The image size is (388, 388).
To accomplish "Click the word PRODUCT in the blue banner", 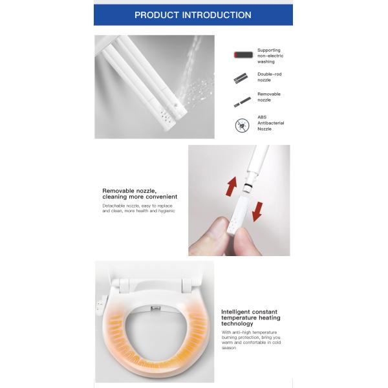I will point(158,15).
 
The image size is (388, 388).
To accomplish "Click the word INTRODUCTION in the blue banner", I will point(217,15).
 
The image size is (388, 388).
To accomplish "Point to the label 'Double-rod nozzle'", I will point(269,78).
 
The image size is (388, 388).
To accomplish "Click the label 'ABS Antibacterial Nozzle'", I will point(270,123).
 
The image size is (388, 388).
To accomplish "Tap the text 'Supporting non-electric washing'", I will point(270,56).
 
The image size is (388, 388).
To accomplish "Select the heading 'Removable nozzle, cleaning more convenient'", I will point(140,194).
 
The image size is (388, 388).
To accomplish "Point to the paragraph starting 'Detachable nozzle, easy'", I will point(138,208).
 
